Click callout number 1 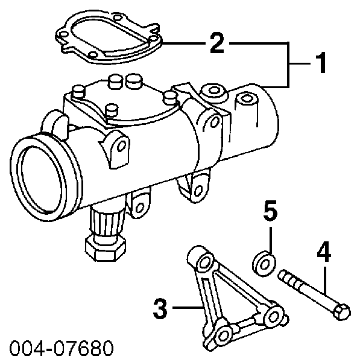pyautogui.click(x=320, y=63)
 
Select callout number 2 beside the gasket pyautogui.click(x=217, y=43)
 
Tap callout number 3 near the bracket pyautogui.click(x=160, y=308)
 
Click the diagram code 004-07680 pyautogui.click(x=62, y=348)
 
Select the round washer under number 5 pyautogui.click(x=264, y=264)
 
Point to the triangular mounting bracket pyautogui.click(x=235, y=298)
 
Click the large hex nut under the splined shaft pyautogui.click(x=106, y=247)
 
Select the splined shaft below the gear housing pyautogui.click(x=107, y=220)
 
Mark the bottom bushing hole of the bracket pyautogui.click(x=223, y=335)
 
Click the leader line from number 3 pyautogui.click(x=188, y=308)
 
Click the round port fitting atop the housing pyautogui.click(x=213, y=92)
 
